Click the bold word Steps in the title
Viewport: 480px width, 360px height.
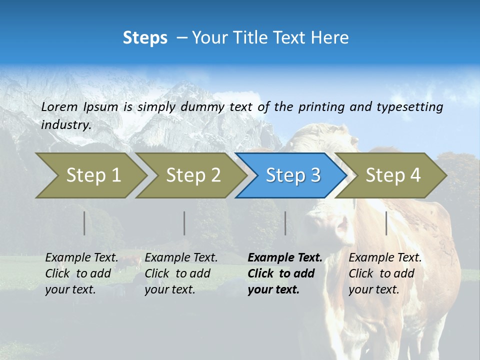click(145, 38)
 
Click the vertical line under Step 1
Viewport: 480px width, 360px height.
click(84, 223)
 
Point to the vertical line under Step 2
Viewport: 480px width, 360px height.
click(184, 223)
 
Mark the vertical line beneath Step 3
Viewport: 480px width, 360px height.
click(285, 223)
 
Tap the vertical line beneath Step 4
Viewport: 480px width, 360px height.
click(386, 223)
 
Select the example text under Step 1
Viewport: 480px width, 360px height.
click(81, 273)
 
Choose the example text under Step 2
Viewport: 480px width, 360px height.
click(181, 273)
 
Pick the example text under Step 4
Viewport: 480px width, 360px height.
click(385, 273)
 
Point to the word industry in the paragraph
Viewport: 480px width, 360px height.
click(65, 125)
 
